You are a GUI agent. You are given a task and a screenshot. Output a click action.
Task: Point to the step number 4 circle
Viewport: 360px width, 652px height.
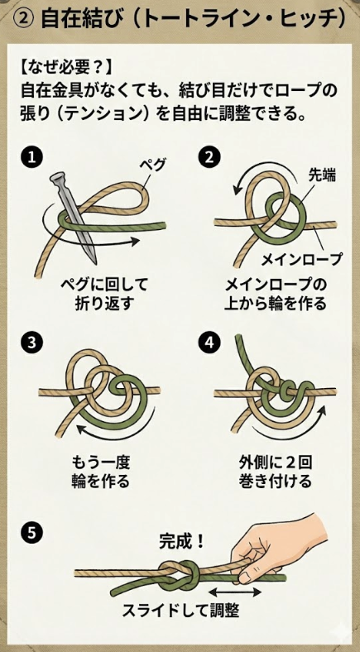coord(211,342)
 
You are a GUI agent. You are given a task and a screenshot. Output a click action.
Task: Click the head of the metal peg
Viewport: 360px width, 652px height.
coord(58,179)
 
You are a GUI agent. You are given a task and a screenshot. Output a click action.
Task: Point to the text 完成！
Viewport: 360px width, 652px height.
coord(182,542)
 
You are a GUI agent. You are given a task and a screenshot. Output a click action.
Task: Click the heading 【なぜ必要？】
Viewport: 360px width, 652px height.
coord(70,65)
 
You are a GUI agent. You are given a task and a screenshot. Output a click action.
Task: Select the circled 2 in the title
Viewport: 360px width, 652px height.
coord(23,18)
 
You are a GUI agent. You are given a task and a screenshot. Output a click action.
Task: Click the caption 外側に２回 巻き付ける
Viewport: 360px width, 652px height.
coord(270,472)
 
